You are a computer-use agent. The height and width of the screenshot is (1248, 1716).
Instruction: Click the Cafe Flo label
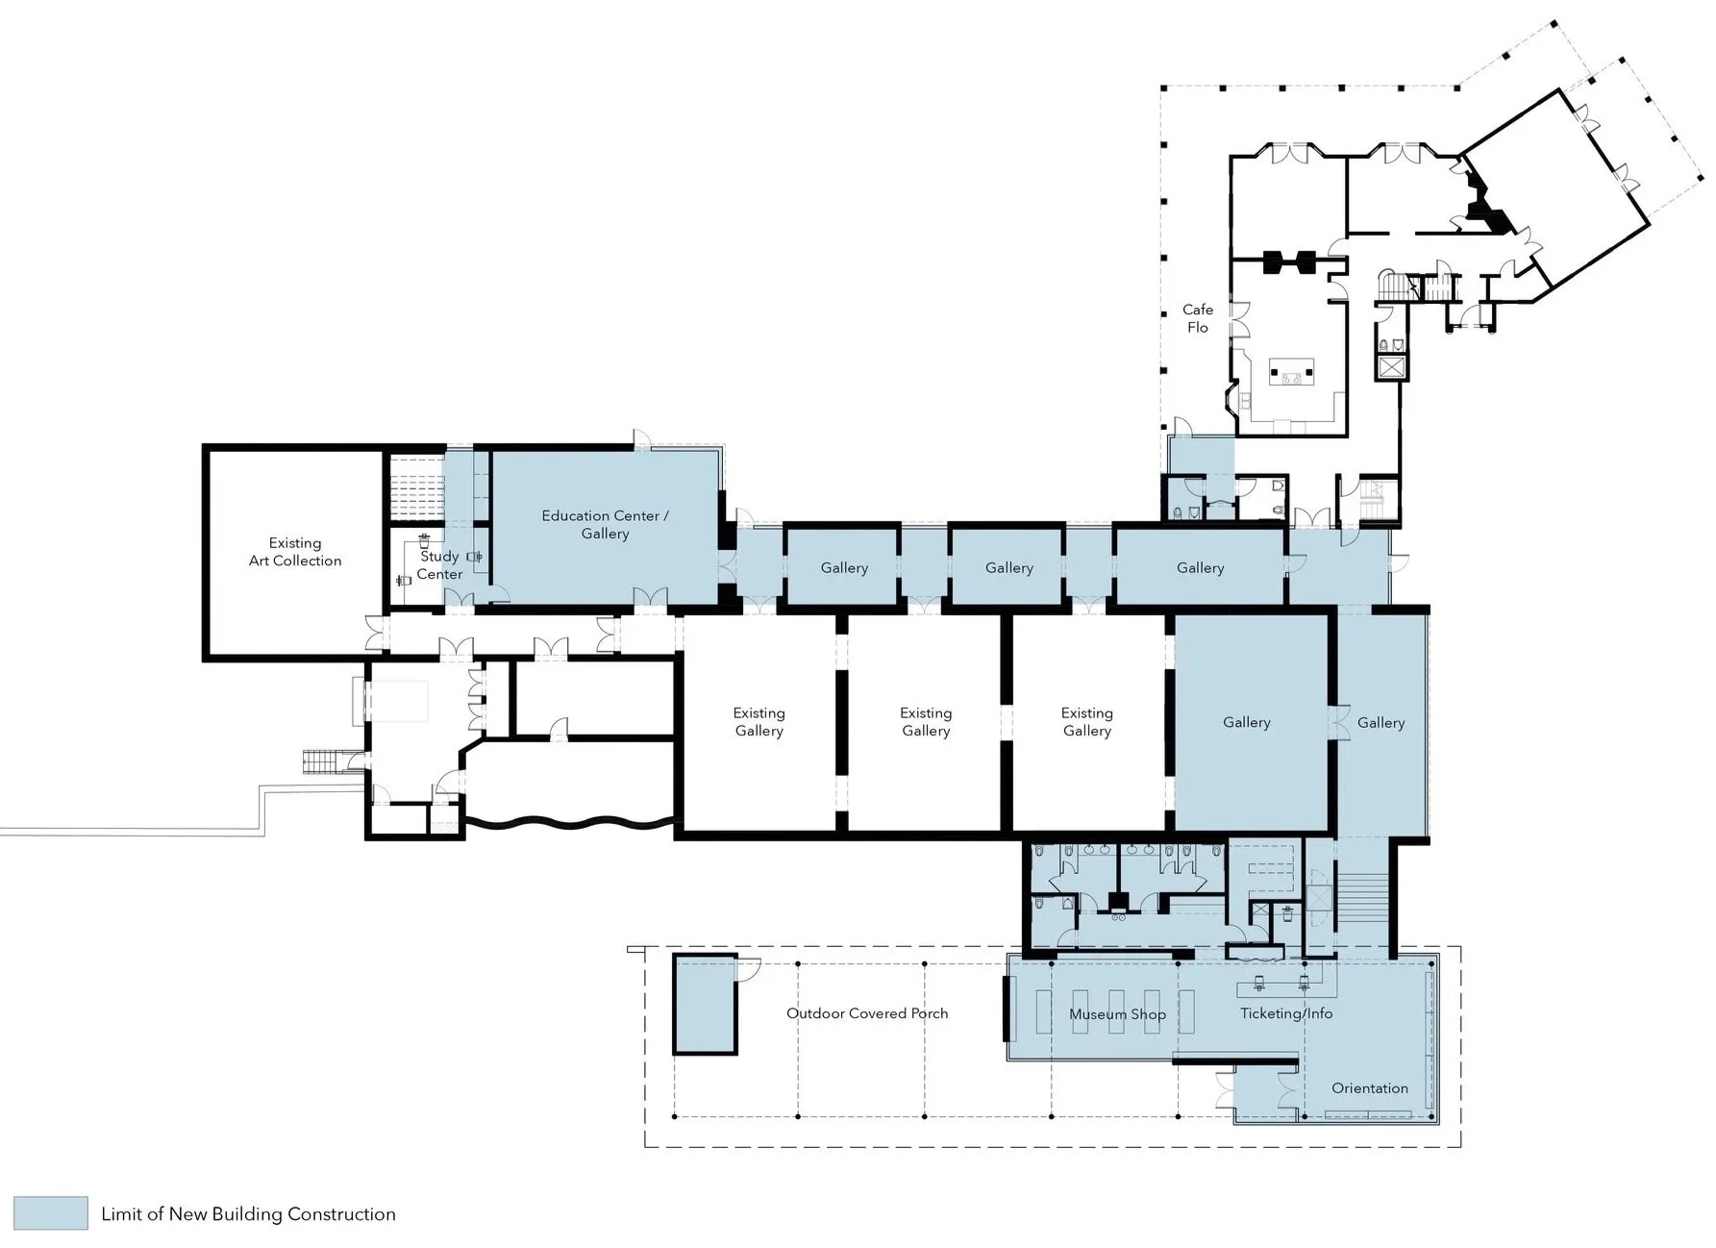tap(1198, 318)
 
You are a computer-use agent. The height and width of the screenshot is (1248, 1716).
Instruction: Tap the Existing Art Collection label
tap(295, 552)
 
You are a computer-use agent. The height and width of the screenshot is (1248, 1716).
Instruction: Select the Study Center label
tap(439, 565)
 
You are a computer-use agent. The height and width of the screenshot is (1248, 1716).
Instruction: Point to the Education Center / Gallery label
tap(605, 524)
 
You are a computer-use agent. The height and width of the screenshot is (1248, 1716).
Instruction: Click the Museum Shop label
tap(1117, 1014)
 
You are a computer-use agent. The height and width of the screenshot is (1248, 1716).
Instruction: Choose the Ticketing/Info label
tap(1286, 1013)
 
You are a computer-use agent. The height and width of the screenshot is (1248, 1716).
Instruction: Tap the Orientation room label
tap(1370, 1088)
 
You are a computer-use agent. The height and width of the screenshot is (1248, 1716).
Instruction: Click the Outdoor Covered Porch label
tap(867, 1013)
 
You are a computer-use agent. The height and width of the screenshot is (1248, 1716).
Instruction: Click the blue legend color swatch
tap(52, 1213)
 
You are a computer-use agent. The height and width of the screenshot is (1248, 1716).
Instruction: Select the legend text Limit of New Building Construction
tap(248, 1214)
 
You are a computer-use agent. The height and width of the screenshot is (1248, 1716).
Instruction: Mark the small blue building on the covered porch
tap(705, 1004)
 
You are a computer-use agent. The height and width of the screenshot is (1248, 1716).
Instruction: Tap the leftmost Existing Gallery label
tap(759, 722)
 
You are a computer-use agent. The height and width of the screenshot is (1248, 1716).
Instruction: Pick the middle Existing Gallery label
tap(926, 722)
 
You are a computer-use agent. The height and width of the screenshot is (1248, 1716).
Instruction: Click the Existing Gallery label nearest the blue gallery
tap(1086, 722)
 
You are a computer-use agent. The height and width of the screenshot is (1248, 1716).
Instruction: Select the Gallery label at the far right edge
tap(1380, 723)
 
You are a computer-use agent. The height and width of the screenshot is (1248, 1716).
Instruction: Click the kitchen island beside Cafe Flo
tap(1291, 371)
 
